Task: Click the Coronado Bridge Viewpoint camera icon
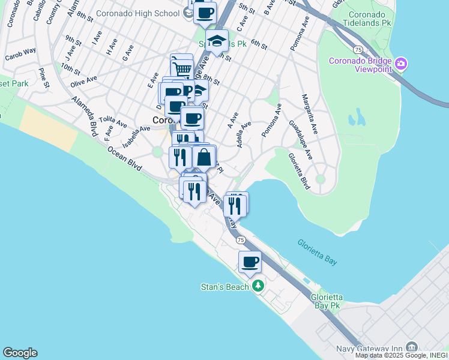402,63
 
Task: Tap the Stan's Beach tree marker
258,286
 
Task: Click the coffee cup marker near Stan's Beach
250,262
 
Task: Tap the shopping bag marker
204,157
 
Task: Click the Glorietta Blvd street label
298,172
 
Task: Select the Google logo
20,353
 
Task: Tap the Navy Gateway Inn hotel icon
412,347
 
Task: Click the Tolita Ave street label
113,122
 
